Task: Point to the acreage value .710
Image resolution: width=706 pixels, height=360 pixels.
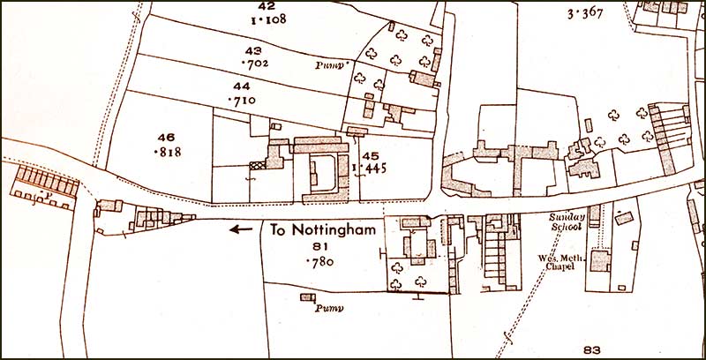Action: click(241, 101)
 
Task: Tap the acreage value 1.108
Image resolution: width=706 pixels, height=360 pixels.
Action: click(255, 18)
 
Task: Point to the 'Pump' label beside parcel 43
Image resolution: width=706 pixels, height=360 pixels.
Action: click(329, 65)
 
